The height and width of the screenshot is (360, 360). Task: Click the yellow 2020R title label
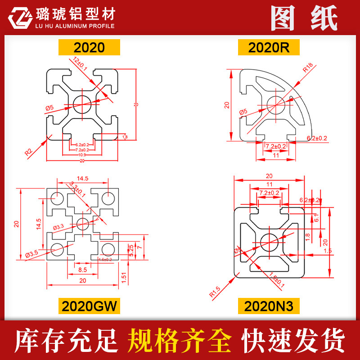point(269,47)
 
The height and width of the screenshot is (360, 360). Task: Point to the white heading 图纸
point(304,18)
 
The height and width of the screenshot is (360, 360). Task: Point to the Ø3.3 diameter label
point(59,227)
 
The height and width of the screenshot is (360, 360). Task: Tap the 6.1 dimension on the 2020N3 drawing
point(316,218)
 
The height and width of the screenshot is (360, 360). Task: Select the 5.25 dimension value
point(131,250)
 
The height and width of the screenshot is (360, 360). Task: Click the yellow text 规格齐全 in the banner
point(180,340)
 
